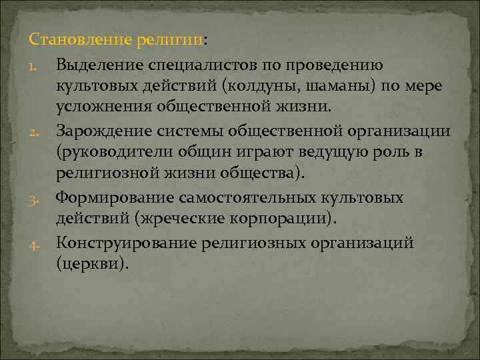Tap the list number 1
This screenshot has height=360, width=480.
click(36, 65)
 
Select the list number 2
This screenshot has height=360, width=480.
click(36, 131)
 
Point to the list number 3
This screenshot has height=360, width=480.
click(36, 198)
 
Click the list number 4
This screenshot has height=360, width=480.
click(36, 243)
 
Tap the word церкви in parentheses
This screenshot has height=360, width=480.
click(99, 264)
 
